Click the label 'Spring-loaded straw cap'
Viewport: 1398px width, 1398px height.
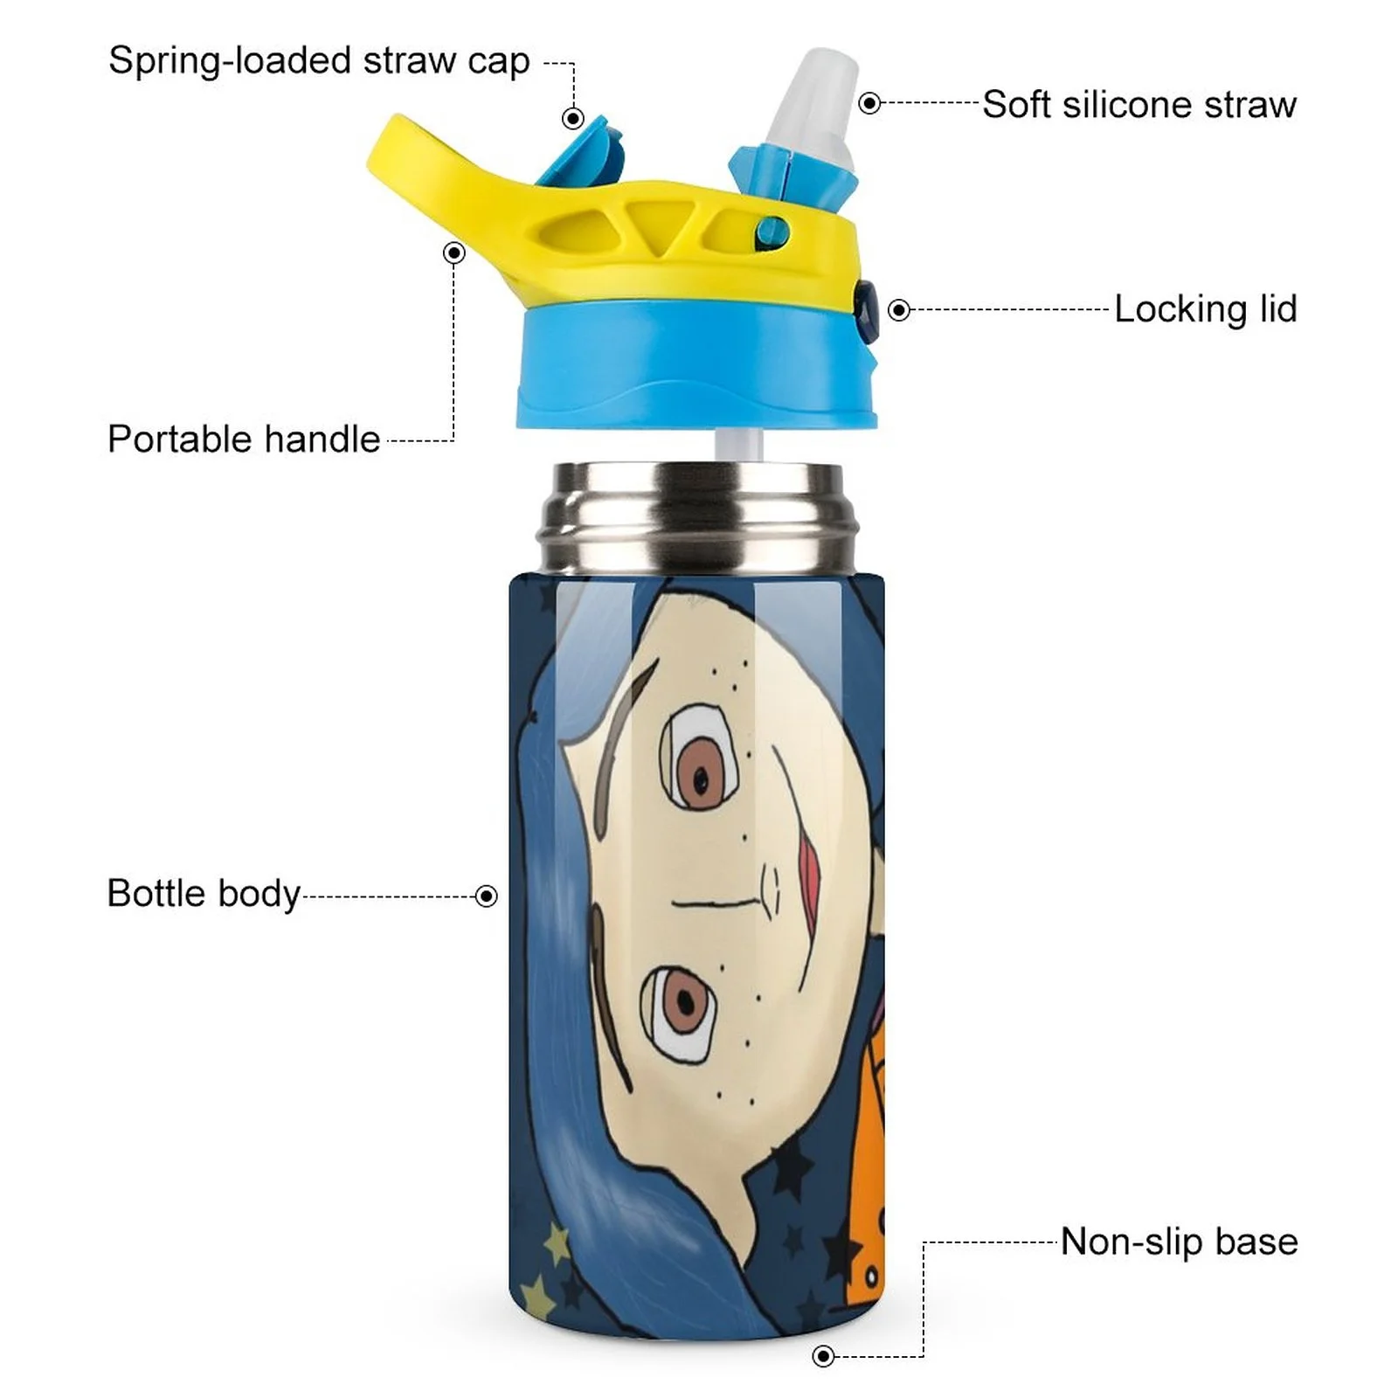click(319, 61)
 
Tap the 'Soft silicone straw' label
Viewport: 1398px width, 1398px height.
click(1138, 105)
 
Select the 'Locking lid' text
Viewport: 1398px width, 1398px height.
click(1205, 309)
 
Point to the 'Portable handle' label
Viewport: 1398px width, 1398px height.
click(244, 439)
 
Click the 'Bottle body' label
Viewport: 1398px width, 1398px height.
click(204, 894)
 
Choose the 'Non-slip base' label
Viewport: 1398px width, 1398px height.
click(1179, 1242)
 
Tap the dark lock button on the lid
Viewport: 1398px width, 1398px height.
click(867, 310)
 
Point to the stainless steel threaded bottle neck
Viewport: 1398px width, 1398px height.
click(697, 516)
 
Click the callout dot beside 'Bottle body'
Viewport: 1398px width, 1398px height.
click(486, 896)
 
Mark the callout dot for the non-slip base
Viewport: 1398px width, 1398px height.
click(823, 1356)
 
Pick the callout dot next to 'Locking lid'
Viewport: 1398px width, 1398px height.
click(899, 310)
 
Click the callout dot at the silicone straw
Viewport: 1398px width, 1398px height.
click(869, 103)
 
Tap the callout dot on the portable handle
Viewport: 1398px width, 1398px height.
click(453, 253)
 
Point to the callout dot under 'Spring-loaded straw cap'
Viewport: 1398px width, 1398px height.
click(573, 118)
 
